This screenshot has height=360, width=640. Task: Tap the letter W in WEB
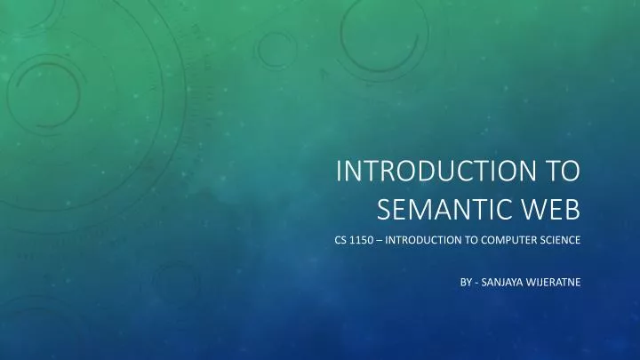[532, 210]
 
